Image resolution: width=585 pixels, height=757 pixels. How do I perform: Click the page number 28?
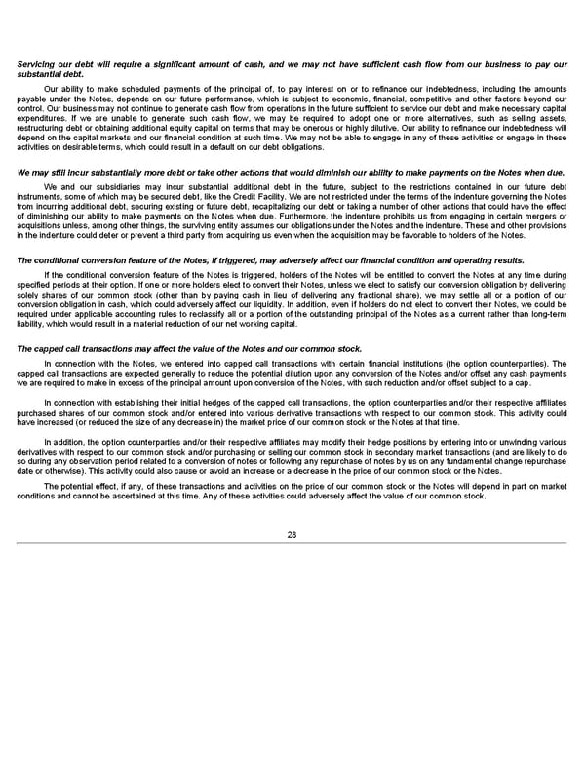[x=292, y=534]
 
